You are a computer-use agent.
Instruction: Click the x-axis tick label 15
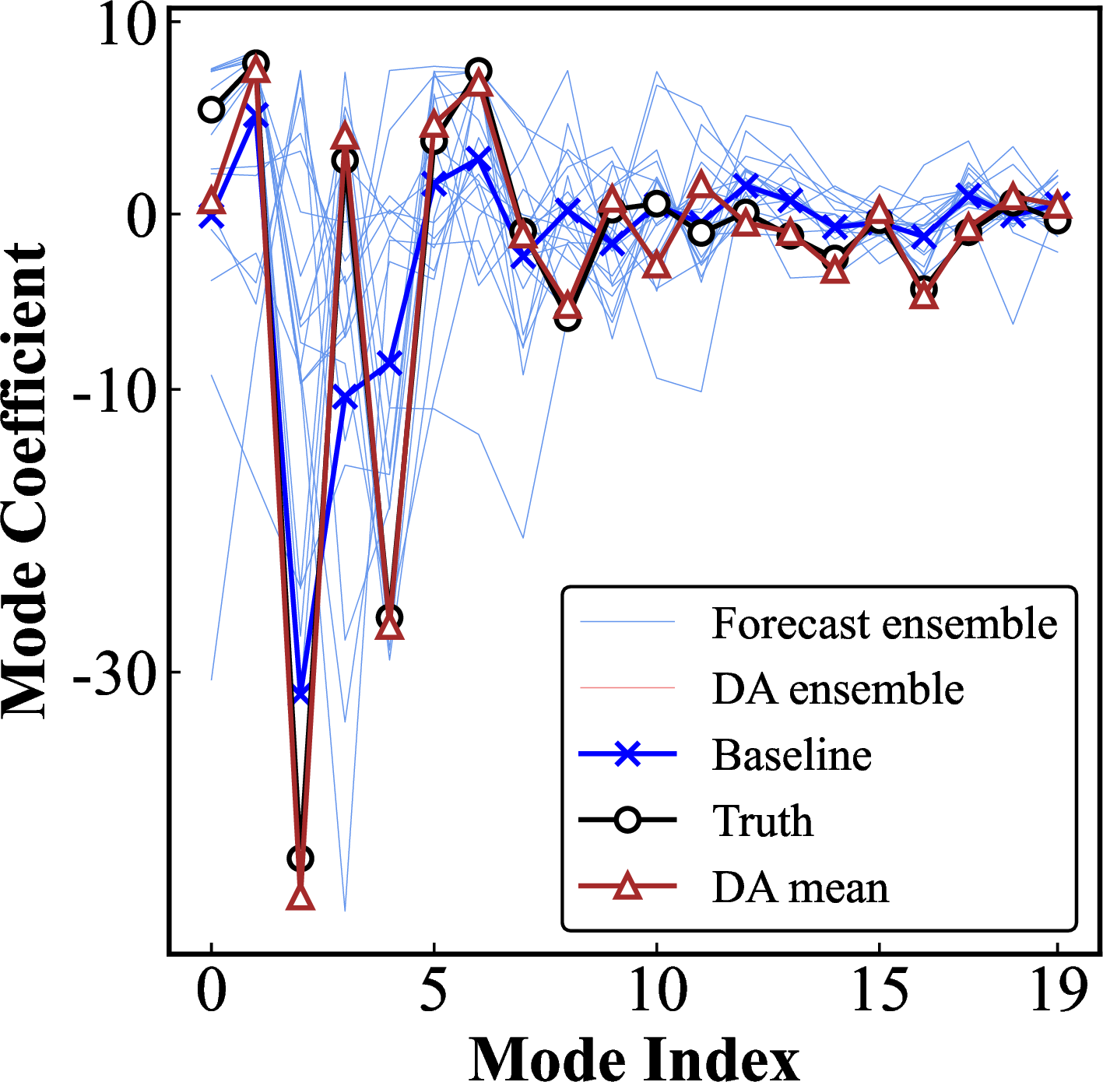(880, 991)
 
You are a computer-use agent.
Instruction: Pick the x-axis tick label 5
(434, 991)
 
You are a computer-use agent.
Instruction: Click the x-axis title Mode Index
(634, 1057)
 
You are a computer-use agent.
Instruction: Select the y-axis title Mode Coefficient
(25, 480)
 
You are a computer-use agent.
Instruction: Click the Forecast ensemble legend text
(884, 624)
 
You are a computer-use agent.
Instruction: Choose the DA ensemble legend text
(838, 689)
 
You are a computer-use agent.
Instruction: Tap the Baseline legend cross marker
(627, 754)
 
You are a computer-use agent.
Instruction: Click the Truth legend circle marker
(627, 820)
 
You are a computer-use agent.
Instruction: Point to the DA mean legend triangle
(627, 887)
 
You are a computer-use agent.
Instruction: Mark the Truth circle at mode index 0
(211, 110)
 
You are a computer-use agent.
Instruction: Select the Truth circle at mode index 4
(389, 618)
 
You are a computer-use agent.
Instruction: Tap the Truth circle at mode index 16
(924, 290)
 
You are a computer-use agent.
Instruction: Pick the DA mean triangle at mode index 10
(657, 265)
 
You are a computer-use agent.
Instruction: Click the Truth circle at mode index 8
(567, 317)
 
